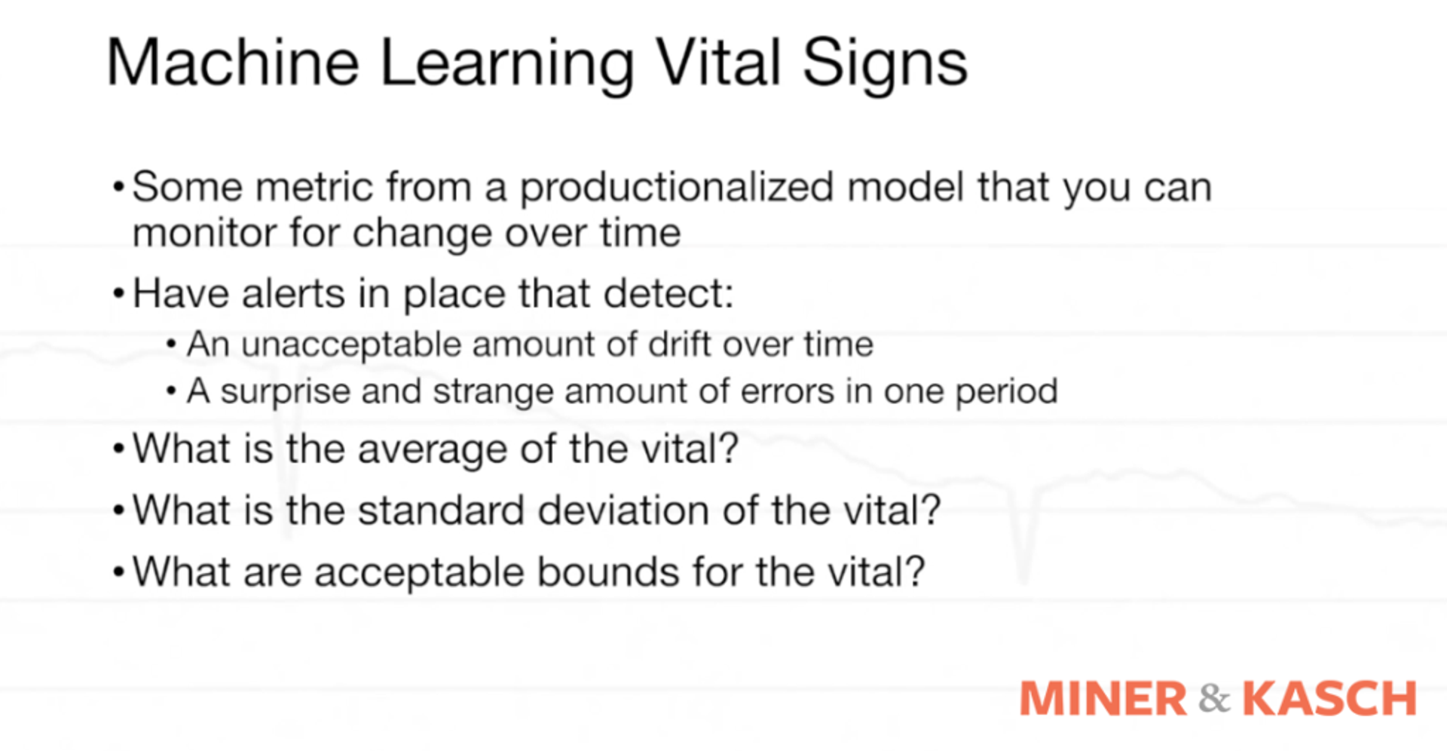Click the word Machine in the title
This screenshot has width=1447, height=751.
click(x=232, y=63)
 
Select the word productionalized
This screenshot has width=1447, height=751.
click(x=676, y=189)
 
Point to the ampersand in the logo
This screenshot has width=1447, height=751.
click(x=1213, y=699)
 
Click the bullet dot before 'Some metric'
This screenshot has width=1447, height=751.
click(x=118, y=186)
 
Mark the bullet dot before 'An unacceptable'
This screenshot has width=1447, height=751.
click(x=172, y=345)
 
